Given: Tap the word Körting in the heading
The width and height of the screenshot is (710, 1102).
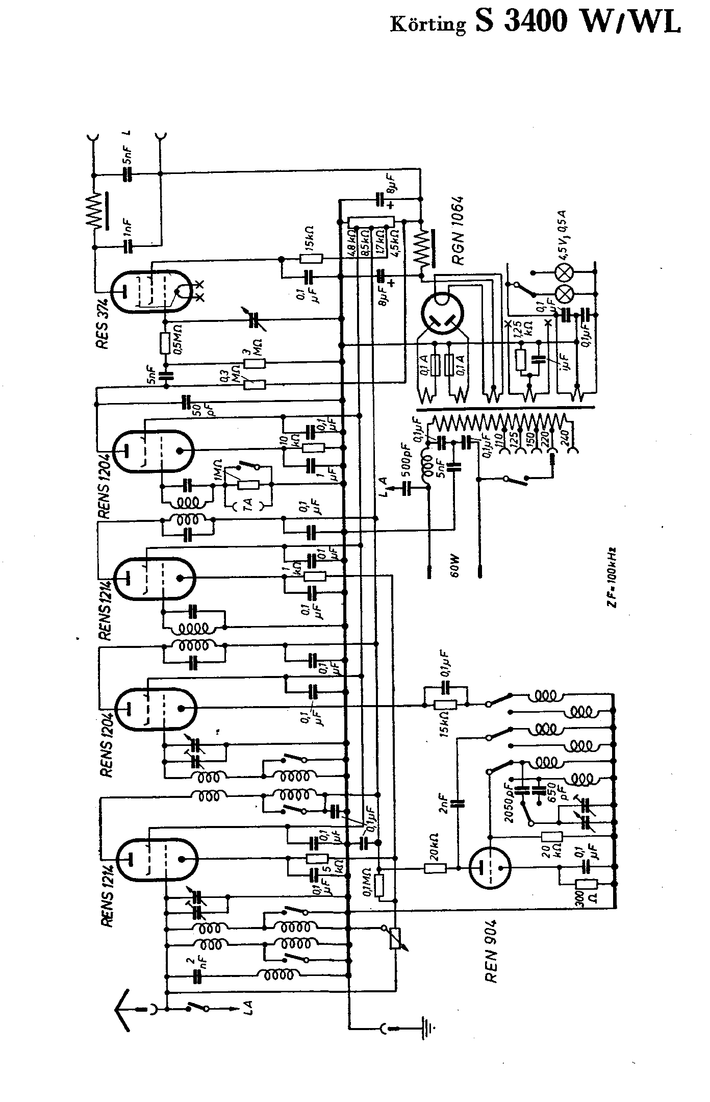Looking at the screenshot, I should [x=428, y=24].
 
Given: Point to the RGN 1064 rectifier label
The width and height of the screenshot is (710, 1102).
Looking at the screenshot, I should [x=458, y=231].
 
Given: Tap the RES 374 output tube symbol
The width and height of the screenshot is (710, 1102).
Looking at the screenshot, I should [x=151, y=291].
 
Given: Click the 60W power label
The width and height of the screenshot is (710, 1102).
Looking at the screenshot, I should [x=455, y=566].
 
